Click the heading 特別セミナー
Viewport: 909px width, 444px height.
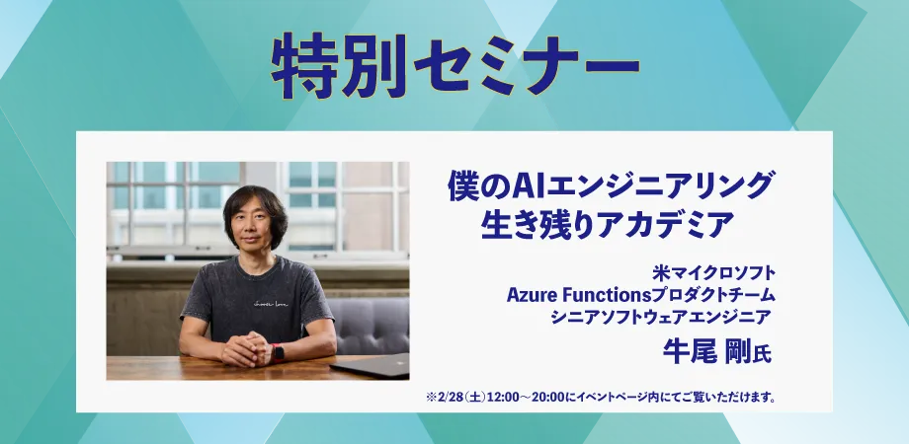click(x=455, y=66)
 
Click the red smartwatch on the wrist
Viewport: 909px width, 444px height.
click(x=278, y=352)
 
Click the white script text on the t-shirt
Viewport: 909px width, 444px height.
click(x=271, y=302)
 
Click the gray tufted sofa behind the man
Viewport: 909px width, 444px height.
click(x=369, y=326)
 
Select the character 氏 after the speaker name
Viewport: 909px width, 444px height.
click(x=763, y=353)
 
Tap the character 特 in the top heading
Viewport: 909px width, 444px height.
click(x=303, y=66)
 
